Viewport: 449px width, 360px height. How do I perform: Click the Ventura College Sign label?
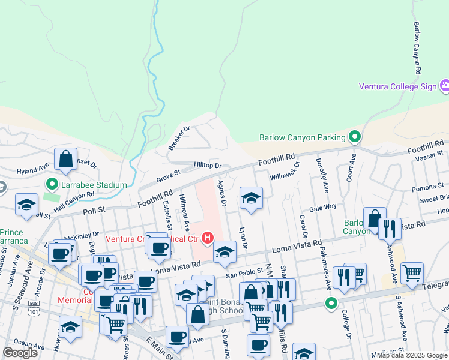[397, 86]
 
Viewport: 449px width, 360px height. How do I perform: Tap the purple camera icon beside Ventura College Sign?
[444, 86]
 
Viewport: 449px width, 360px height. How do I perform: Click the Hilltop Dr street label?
[208, 165]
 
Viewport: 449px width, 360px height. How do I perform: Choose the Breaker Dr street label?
[179, 137]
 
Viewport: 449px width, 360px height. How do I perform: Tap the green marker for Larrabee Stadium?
[52, 185]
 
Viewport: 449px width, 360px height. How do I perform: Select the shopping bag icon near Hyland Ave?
[65, 159]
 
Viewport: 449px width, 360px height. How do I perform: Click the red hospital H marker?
[208, 239]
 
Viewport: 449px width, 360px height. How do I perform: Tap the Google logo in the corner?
[20, 353]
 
